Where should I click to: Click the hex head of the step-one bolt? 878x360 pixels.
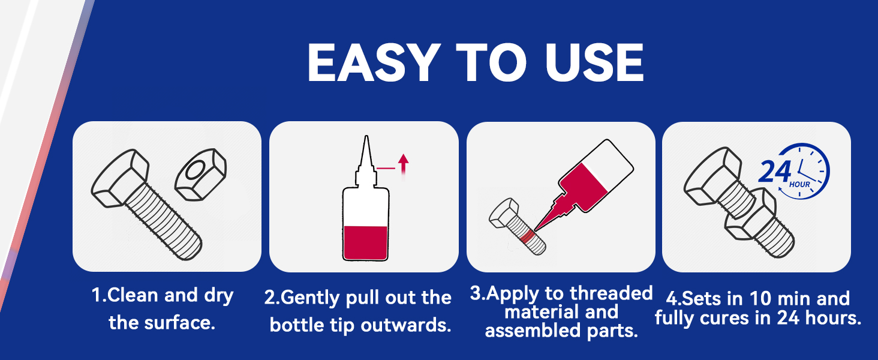120,178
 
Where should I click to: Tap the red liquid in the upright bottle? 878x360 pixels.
365,243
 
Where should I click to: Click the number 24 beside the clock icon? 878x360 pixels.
774,172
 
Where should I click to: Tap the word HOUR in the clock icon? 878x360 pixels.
799,184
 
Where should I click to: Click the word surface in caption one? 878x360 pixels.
181,323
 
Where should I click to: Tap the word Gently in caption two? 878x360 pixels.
310,298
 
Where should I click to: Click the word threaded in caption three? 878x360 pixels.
611,293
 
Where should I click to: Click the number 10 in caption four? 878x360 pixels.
760,298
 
